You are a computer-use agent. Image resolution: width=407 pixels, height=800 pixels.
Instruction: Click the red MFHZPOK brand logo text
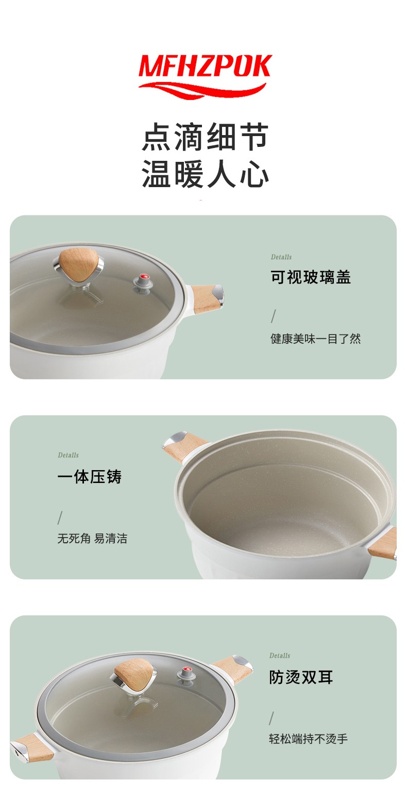click(205, 66)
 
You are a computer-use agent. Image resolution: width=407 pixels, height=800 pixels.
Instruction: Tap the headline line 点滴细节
click(205, 137)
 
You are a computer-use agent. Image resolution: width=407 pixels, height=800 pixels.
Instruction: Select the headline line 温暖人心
click(205, 174)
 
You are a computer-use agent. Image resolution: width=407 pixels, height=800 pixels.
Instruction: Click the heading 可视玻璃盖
click(311, 277)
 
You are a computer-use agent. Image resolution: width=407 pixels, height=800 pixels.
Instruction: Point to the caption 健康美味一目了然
click(316, 339)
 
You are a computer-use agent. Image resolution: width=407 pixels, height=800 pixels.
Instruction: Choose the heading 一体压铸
click(89, 476)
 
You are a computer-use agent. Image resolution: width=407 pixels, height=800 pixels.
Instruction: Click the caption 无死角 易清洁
click(92, 538)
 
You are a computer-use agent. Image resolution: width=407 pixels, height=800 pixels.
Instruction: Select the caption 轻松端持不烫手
click(308, 739)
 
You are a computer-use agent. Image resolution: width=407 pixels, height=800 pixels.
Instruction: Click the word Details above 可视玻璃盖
click(281, 257)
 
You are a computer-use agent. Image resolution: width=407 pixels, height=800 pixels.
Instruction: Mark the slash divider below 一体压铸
click(60, 518)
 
